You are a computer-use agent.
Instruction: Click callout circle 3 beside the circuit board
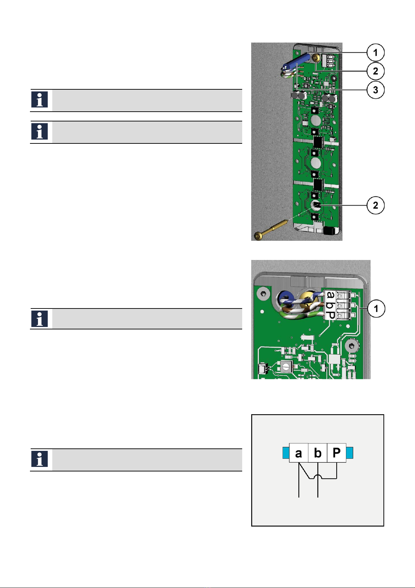[x=375, y=90]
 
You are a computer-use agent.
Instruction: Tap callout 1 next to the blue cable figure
[x=375, y=52]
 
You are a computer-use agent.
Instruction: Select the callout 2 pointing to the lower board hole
[x=375, y=205]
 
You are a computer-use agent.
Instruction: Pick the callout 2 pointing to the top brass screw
[x=375, y=71]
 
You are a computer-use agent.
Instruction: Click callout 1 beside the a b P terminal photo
[x=376, y=308]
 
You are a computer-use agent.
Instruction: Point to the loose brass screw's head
[x=258, y=236]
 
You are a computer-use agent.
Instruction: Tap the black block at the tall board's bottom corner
[x=329, y=231]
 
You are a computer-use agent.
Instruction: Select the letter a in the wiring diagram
[x=298, y=453]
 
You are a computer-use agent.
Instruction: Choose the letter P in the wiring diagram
[x=337, y=453]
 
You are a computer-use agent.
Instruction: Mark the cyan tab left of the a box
[x=286, y=453]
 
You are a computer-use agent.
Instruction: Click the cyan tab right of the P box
[x=349, y=453]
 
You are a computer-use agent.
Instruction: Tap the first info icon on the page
[x=40, y=99]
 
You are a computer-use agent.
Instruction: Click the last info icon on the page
[x=40, y=459]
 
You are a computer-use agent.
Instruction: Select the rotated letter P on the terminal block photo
[x=331, y=315]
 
